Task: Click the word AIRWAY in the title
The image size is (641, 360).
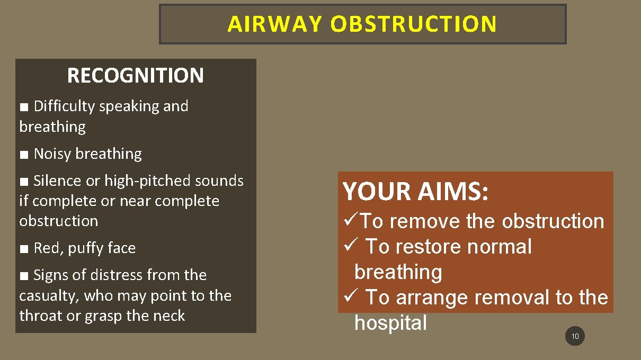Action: [x=274, y=24]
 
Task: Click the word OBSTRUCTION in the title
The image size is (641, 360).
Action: [x=414, y=24]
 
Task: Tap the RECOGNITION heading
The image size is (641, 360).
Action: [x=135, y=76]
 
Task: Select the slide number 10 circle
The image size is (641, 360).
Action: [x=575, y=336]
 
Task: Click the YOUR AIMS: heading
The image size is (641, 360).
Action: [x=415, y=191]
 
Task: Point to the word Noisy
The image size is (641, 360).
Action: [x=51, y=154]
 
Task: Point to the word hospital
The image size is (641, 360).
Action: [x=390, y=322]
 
